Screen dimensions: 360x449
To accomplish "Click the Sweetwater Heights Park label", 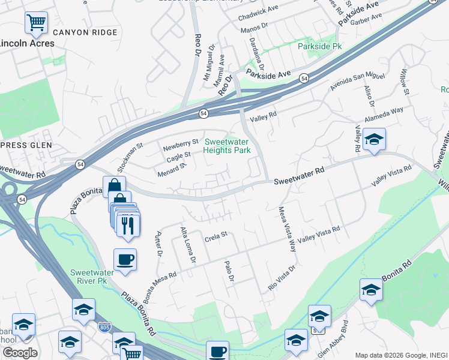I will [x=228, y=146].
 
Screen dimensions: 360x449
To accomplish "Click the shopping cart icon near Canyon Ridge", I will [x=37, y=23].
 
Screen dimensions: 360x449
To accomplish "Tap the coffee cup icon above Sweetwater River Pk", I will [x=125, y=259].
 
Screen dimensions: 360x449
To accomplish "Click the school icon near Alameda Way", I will [x=375, y=140].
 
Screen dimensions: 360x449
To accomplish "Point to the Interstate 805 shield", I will [x=103, y=327].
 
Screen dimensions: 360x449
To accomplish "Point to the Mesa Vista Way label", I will [x=287, y=229].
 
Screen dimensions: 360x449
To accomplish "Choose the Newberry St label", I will [x=181, y=143].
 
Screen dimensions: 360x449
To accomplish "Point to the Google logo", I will [x=20, y=353].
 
